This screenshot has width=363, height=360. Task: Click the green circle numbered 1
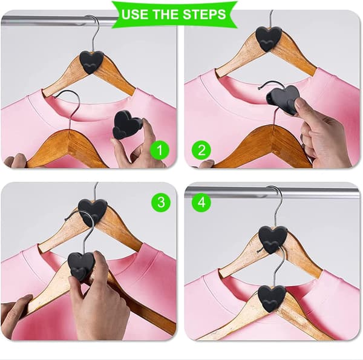click(160, 150)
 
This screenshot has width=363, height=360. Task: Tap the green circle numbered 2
click(201, 150)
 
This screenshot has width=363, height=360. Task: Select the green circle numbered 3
click(161, 202)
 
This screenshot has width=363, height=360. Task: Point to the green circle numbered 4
click(201, 202)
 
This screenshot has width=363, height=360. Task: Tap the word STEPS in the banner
click(204, 15)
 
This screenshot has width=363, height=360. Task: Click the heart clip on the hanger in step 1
click(91, 62)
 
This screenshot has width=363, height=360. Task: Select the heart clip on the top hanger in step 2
click(269, 39)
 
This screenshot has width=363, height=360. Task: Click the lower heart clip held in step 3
click(80, 266)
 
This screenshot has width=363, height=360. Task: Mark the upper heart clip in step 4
click(272, 240)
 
